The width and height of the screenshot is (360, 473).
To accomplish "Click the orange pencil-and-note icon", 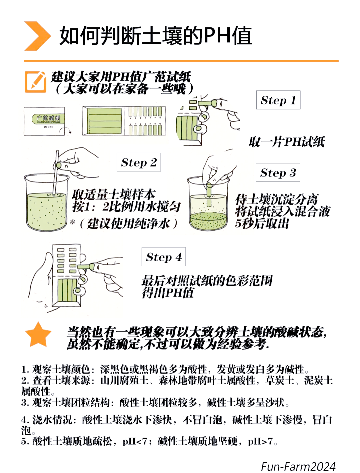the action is [35, 82].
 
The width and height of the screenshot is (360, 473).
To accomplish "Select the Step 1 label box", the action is [278, 100].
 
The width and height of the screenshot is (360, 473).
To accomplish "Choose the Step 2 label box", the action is [139, 162].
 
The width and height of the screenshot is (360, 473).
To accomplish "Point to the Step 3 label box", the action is [278, 172].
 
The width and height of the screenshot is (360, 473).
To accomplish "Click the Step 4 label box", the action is [164, 257].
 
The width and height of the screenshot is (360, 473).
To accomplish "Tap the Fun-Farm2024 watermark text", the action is [298, 467].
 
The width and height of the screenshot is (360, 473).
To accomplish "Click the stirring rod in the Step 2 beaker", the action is [56, 172].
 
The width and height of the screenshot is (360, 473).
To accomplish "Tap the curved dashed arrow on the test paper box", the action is [66, 130].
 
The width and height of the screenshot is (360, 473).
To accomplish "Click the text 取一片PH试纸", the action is [287, 142].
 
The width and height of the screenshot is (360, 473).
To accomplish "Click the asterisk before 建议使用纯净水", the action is [73, 222].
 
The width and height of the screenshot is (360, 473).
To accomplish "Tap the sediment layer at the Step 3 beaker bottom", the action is [208, 220].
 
